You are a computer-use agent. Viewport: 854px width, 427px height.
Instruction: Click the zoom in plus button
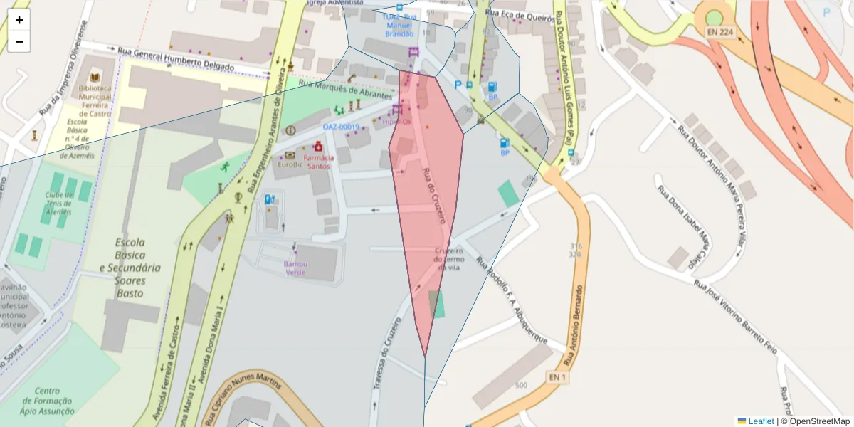click(19, 20)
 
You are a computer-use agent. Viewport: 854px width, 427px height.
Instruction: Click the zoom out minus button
click(19, 41)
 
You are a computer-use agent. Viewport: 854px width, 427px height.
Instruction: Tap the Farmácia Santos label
click(318, 162)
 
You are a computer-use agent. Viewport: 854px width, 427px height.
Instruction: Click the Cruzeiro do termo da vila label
click(449, 259)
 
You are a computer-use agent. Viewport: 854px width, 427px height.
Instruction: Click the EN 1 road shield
click(558, 376)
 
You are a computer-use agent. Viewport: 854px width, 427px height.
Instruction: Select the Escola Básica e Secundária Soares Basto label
click(130, 268)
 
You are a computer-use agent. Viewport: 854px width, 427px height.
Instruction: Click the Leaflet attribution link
click(761, 421)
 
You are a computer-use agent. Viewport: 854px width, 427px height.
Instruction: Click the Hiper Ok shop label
click(397, 122)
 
